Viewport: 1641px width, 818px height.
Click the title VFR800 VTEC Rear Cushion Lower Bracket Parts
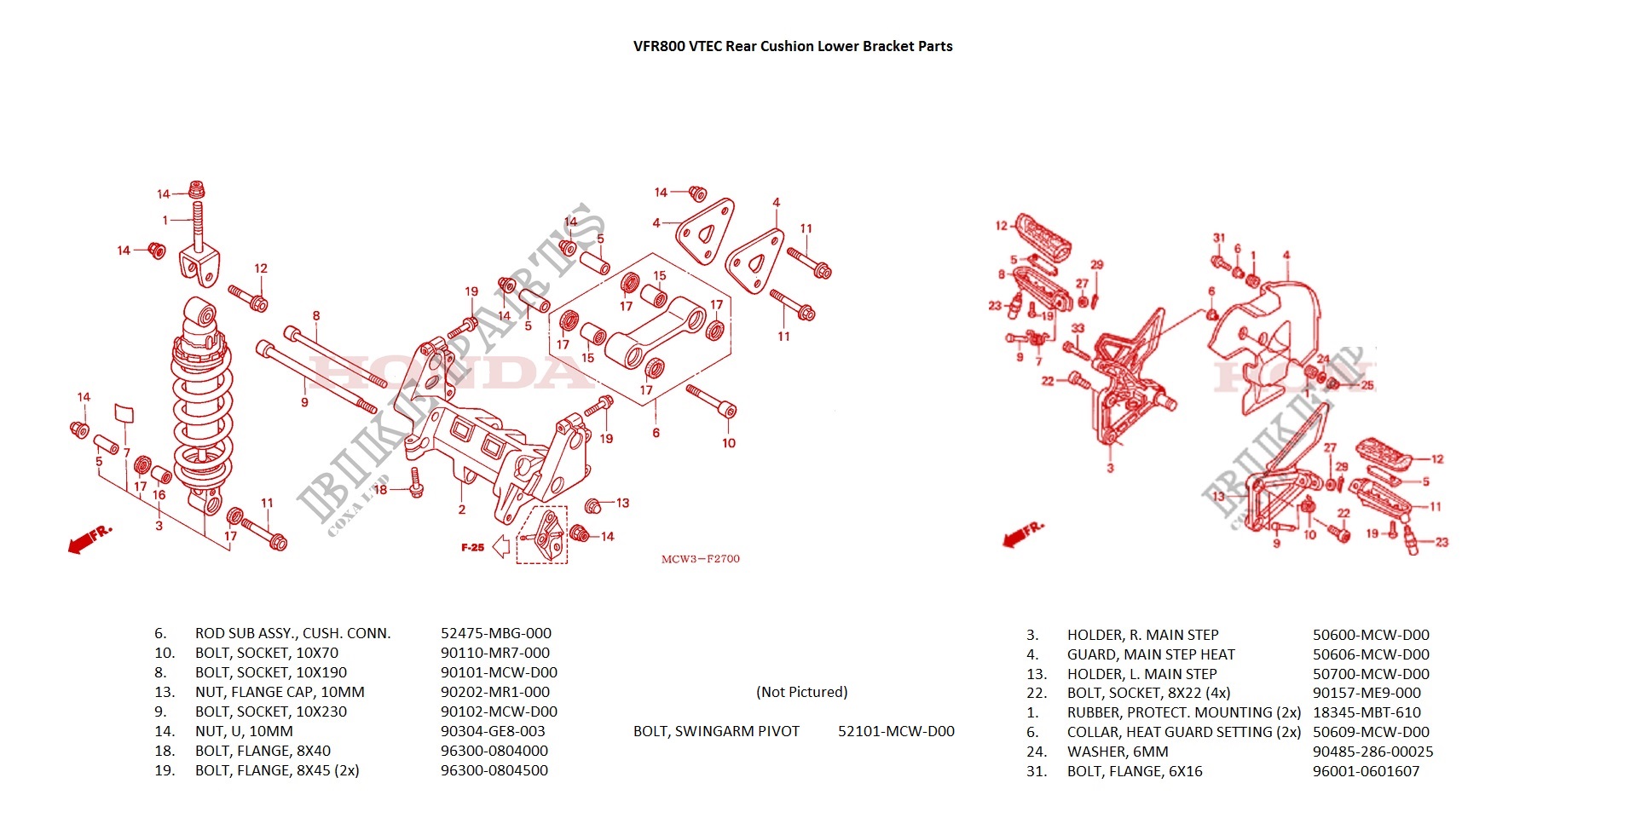(792, 46)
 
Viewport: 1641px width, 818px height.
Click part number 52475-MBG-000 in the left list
(495, 633)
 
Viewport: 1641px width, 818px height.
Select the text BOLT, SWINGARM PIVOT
(716, 731)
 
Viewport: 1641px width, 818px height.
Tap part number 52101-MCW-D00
(895, 731)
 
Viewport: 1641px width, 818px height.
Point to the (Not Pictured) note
(801, 692)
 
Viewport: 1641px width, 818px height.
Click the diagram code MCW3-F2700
(700, 559)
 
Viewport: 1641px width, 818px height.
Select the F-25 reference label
(472, 547)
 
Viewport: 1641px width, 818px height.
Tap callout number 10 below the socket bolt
(728, 443)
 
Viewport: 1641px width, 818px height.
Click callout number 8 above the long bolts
(316, 316)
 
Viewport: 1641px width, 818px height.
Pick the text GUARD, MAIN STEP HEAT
(1150, 654)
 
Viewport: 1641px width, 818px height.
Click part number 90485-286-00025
(1372, 752)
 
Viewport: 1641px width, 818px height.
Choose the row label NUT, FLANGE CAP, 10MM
(280, 692)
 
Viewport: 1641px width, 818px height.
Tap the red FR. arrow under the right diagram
(1021, 534)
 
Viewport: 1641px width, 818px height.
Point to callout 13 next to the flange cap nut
(622, 503)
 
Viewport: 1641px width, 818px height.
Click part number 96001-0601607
(1366, 771)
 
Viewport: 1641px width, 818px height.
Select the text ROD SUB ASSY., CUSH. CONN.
(292, 633)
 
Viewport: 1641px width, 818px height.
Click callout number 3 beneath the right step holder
(1110, 468)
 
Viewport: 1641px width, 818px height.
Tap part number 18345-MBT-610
(1367, 712)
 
